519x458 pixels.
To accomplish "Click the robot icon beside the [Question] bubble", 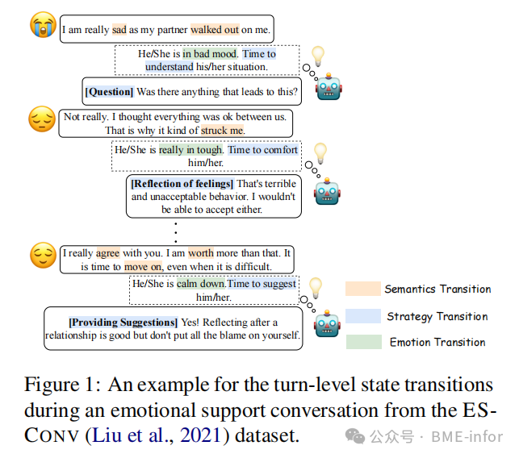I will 329,87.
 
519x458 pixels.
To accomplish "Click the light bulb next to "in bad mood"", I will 317,56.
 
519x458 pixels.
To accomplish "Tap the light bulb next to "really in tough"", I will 320,152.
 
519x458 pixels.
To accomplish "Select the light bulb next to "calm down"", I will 316,286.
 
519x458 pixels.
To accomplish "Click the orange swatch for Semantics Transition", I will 363,289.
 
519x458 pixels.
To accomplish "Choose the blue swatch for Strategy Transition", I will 363,315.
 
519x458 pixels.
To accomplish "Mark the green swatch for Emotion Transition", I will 363,342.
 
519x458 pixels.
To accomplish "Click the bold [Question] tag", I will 110,92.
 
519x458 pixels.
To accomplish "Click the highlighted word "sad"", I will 119,30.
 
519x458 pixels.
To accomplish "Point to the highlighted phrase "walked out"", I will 215,30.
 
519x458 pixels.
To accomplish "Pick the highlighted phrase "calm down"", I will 198,284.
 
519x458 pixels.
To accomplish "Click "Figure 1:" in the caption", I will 61,384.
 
